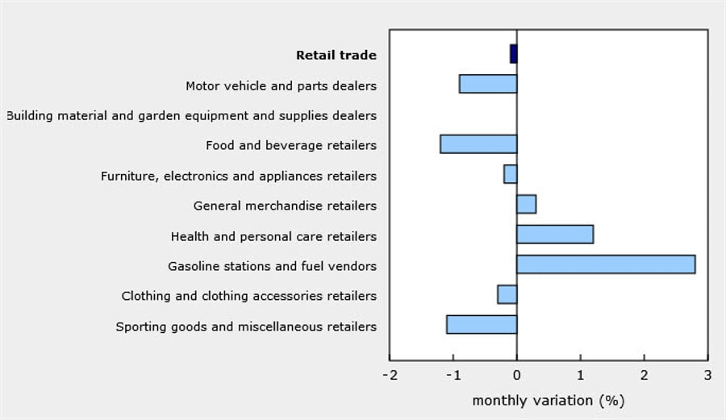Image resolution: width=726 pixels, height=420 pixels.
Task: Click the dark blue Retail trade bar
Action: pyautogui.click(x=513, y=54)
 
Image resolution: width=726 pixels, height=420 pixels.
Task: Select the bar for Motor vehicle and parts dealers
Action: pyautogui.click(x=488, y=84)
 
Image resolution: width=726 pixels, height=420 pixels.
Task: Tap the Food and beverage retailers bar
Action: pyautogui.click(x=478, y=144)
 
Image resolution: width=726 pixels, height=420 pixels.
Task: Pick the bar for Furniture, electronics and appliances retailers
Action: pyautogui.click(x=510, y=174)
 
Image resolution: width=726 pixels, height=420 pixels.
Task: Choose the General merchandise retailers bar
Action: pyautogui.click(x=526, y=204)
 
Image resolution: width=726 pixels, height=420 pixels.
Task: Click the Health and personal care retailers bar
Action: pyautogui.click(x=555, y=235)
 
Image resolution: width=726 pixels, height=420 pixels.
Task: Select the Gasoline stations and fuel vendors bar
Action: pyautogui.click(x=606, y=264)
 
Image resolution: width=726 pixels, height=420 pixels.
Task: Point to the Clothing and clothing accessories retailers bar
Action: pyautogui.click(x=507, y=294)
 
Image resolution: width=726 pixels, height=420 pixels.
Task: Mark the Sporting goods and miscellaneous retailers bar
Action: pyautogui.click(x=482, y=325)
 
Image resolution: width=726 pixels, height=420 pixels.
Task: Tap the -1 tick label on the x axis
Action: pyautogui.click(x=453, y=376)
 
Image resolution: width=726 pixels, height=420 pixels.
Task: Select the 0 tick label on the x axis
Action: pyautogui.click(x=517, y=376)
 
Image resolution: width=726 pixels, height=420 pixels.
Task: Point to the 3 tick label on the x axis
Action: pyautogui.click(x=707, y=376)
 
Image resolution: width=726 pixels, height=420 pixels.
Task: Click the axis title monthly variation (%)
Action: pyautogui.click(x=548, y=401)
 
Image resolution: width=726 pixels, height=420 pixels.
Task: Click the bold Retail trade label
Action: pyautogui.click(x=336, y=56)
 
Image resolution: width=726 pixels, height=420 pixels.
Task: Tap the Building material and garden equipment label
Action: pyautogui.click(x=191, y=116)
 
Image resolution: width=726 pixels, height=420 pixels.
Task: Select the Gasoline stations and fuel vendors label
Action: pyautogui.click(x=272, y=266)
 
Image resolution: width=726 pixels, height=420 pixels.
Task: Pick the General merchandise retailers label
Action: pyautogui.click(x=285, y=206)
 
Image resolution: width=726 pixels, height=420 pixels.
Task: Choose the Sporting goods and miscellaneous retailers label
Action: pyautogui.click(x=246, y=326)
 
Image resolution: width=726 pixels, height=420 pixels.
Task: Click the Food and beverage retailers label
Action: pyautogui.click(x=291, y=146)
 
